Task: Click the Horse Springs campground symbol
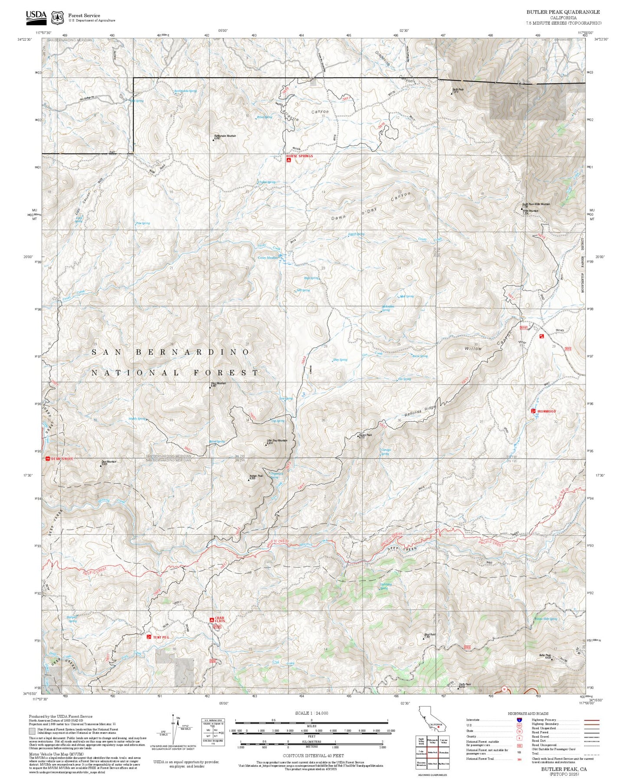[289, 160]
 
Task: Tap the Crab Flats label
[220, 620]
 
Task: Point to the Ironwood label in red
[546, 411]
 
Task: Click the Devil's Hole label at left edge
[62, 459]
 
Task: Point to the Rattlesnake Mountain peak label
[225, 136]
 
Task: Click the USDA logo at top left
[36, 16]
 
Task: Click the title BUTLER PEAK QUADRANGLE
[563, 12]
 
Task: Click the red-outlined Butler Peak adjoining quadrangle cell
[432, 752]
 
